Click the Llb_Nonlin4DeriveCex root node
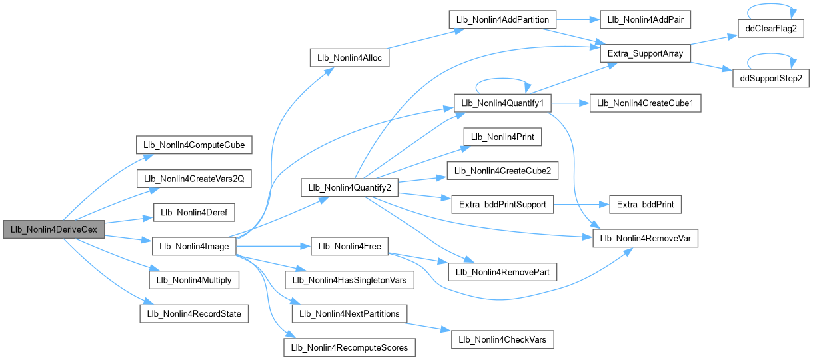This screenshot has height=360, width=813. click(54, 229)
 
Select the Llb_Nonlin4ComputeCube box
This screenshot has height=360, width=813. click(193, 145)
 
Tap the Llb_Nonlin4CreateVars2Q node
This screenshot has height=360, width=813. click(193, 179)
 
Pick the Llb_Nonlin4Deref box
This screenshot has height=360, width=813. click(193, 212)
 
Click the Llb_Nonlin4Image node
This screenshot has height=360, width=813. click(193, 246)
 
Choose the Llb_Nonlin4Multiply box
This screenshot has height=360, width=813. click(193, 280)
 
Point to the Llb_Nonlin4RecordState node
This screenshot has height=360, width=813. click(193, 313)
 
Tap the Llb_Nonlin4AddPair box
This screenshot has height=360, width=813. click(644, 19)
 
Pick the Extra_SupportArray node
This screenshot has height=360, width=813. click(645, 53)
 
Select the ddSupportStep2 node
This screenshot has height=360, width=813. click(772, 79)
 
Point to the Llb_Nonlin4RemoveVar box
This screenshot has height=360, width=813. click(645, 238)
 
